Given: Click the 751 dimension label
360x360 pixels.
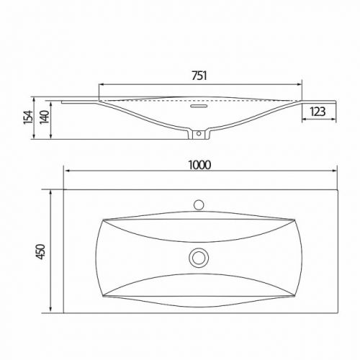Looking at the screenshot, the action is point(199,76).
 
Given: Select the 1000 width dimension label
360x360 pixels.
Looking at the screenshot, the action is point(199,165).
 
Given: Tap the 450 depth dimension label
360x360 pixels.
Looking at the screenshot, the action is point(41,251).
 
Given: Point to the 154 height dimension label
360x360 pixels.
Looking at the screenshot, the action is point(28,117).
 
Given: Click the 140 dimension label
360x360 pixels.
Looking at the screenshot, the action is point(45,117).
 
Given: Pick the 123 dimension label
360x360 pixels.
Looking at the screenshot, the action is point(318,112).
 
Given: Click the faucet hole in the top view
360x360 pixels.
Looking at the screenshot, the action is point(199,204).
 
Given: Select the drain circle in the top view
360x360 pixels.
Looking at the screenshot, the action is point(199,258).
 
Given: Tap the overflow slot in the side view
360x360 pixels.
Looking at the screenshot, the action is point(199,106).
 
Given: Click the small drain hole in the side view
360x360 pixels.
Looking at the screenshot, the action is point(199,133).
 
